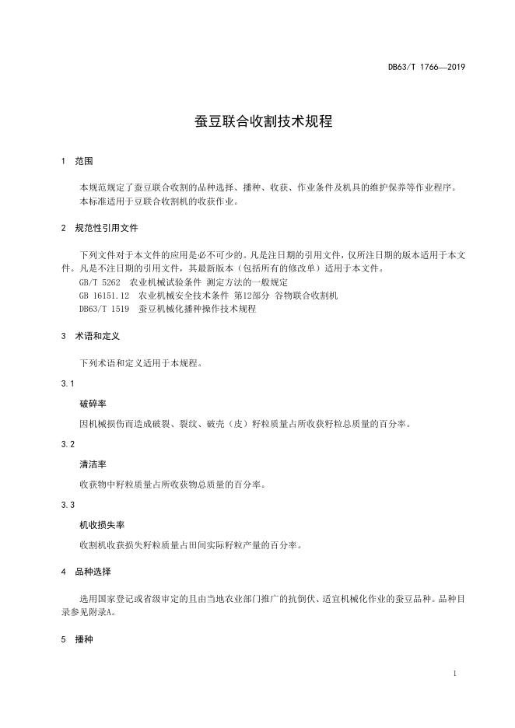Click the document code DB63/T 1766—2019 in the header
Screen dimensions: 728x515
(x=426, y=68)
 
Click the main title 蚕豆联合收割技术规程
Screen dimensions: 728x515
(x=257, y=121)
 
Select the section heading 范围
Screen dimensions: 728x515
(x=83, y=162)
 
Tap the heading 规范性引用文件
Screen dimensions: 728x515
(x=107, y=229)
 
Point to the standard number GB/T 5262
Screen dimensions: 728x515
(x=100, y=282)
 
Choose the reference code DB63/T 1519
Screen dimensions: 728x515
(x=104, y=308)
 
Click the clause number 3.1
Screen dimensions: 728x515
(x=67, y=384)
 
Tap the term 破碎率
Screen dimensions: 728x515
(x=92, y=404)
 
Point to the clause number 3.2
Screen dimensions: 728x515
(x=67, y=444)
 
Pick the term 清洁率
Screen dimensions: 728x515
(x=92, y=464)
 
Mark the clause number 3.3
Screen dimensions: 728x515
(x=67, y=505)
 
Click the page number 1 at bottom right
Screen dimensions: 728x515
(x=454, y=673)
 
